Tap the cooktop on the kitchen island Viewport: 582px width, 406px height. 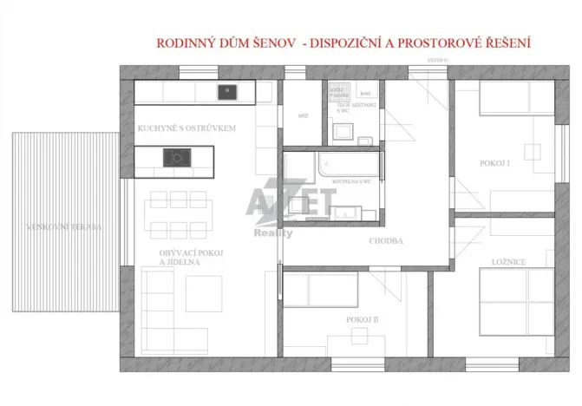click(x=177, y=157)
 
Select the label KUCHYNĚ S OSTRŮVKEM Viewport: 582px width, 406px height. click(x=186, y=128)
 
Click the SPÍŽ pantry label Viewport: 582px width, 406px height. click(x=304, y=115)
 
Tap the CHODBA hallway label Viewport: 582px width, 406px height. click(x=385, y=241)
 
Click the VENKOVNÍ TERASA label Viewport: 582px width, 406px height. click(x=65, y=227)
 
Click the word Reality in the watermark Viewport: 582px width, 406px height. click(x=272, y=233)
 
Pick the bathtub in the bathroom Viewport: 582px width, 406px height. click(x=348, y=164)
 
